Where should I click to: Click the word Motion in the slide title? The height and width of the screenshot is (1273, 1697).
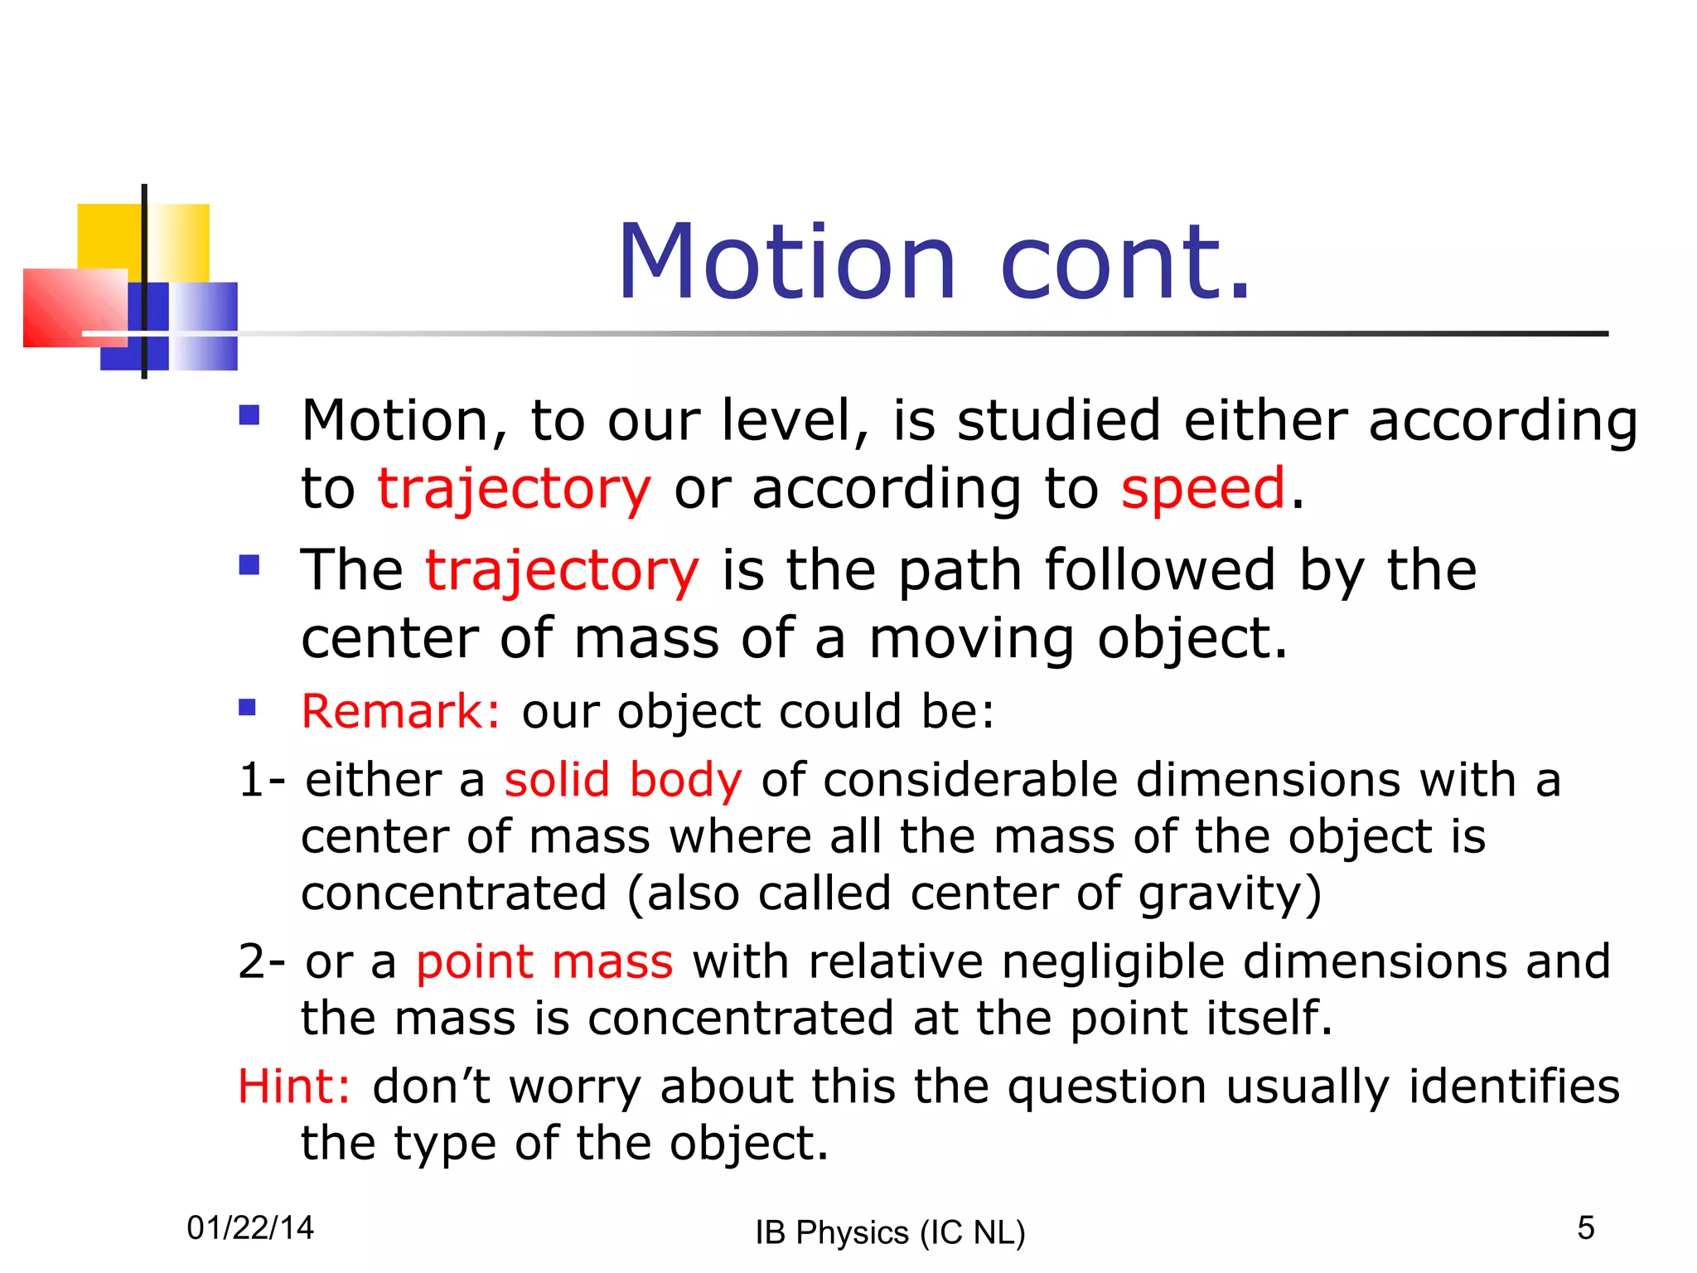pos(787,263)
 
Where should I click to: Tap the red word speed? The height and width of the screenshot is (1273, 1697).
pos(1203,488)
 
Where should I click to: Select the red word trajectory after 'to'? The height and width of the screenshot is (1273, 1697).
pos(515,490)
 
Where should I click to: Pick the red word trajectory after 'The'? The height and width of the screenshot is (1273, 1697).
pos(563,571)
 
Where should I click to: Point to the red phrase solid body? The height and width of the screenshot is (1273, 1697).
pos(623,781)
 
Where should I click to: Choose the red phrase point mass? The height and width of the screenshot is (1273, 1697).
pos(544,962)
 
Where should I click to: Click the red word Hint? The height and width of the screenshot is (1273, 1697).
pos(294,1087)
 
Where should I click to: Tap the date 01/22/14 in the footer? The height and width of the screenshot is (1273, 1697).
pos(250,1227)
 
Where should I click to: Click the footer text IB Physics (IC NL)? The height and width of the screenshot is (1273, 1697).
pos(890,1232)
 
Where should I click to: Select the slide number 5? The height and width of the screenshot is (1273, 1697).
pos(1585,1227)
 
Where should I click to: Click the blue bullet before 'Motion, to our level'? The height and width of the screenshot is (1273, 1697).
pos(249,414)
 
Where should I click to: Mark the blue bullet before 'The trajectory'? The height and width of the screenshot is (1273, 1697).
pos(249,565)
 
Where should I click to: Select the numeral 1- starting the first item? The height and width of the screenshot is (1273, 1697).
pos(262,781)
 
